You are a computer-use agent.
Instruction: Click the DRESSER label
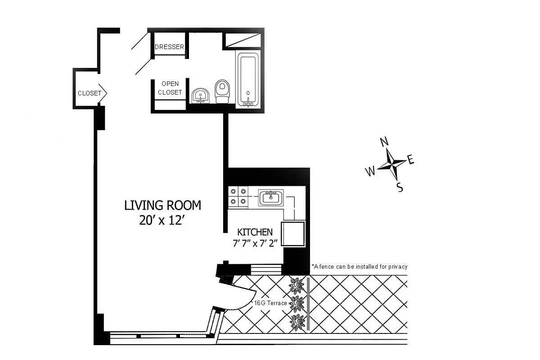click(x=169, y=47)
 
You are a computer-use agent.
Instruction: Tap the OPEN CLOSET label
click(x=170, y=88)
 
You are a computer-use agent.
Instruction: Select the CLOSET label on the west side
click(x=90, y=94)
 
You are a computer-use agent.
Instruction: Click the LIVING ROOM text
click(x=162, y=206)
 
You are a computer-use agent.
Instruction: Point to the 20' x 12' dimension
click(x=162, y=221)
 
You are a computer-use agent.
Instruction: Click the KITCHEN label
click(x=255, y=232)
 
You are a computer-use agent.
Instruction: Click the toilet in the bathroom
click(x=221, y=91)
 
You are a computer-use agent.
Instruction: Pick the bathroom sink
click(x=200, y=96)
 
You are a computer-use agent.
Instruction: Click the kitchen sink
click(x=270, y=198)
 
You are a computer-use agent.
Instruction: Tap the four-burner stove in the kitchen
click(x=238, y=197)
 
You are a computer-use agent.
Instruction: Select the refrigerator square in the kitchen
click(x=292, y=233)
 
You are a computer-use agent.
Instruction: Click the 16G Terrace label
click(x=270, y=303)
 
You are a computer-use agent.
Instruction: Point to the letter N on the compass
click(x=384, y=142)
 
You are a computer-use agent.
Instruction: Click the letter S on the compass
click(x=399, y=187)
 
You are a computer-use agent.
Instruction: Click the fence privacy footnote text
click(x=359, y=267)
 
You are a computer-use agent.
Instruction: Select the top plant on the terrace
click(x=296, y=285)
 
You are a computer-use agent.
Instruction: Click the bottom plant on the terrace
click(x=297, y=322)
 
